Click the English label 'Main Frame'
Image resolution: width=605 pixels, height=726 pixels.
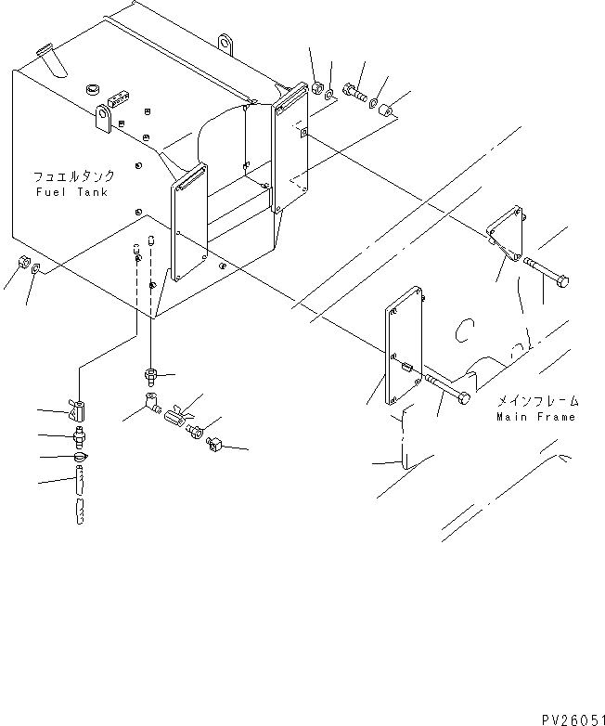point(536,417)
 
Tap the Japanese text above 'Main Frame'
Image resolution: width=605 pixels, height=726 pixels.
point(537,401)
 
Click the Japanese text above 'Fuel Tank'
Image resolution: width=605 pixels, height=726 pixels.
point(73,176)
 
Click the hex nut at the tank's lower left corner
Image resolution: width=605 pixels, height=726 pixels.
point(19,262)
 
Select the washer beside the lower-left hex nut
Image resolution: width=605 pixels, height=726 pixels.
point(34,269)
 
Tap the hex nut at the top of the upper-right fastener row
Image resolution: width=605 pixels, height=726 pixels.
point(315,88)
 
